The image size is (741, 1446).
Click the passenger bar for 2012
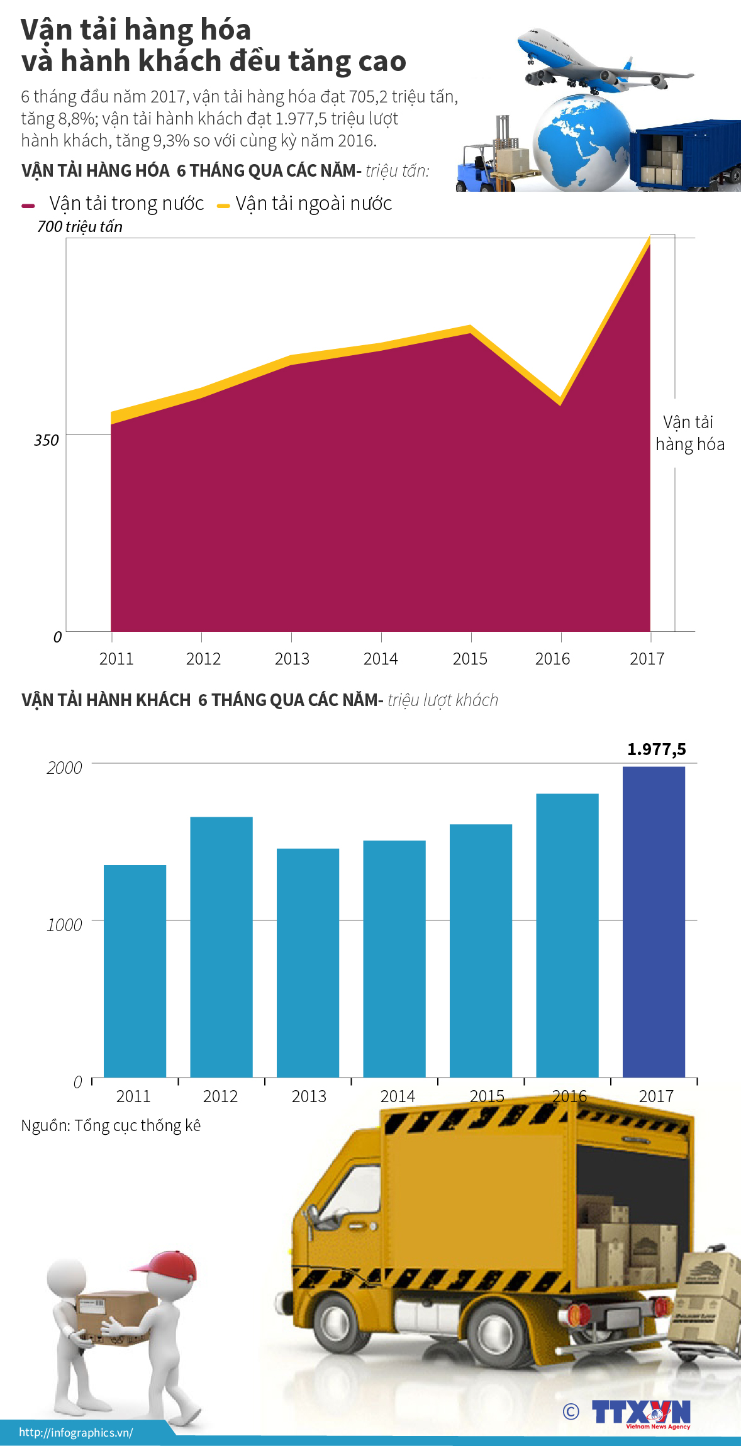[x=221, y=946]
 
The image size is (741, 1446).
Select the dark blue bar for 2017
[x=654, y=921]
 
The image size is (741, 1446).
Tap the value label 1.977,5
[x=656, y=749]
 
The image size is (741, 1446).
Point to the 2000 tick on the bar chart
[x=64, y=768]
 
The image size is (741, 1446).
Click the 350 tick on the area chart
[x=47, y=440]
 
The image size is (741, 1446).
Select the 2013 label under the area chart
[x=292, y=659]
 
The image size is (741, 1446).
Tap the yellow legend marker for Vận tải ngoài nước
[x=223, y=206]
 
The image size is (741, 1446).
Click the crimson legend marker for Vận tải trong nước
[x=28, y=206]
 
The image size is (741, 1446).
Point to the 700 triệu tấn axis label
[x=79, y=226]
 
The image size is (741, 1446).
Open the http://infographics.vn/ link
[x=75, y=1433]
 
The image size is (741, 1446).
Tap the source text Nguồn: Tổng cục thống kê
[x=111, y=1125]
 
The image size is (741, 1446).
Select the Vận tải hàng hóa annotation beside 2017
[x=689, y=433]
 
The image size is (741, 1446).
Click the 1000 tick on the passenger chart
[x=64, y=925]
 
